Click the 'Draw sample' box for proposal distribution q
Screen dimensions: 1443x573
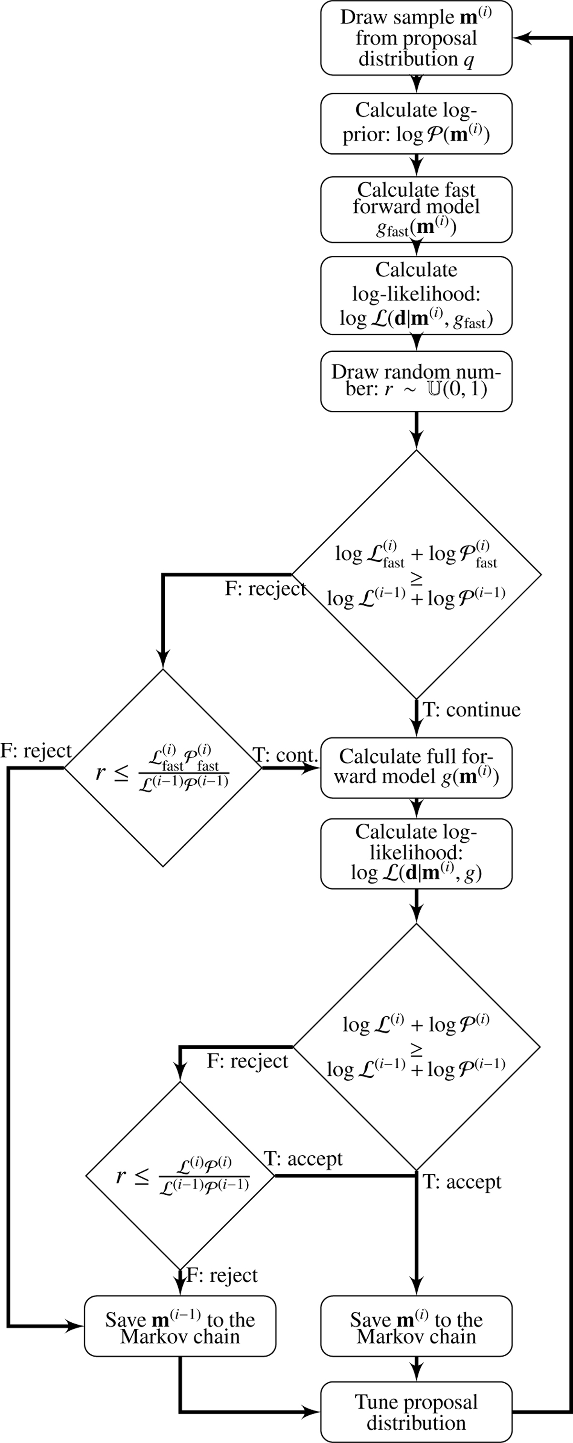point(416,38)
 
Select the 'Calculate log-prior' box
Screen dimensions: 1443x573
point(416,123)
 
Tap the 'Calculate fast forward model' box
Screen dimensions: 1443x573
point(416,210)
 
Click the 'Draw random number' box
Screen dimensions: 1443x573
point(416,381)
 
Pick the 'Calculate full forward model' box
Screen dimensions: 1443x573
point(416,768)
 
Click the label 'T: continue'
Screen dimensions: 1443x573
point(472,710)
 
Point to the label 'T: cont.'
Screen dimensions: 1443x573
point(285,755)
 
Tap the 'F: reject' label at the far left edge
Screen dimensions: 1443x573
point(36,751)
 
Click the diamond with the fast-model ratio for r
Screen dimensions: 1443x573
point(162,768)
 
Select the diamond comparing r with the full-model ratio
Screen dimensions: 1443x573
point(180,1175)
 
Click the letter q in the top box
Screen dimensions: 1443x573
point(468,59)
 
